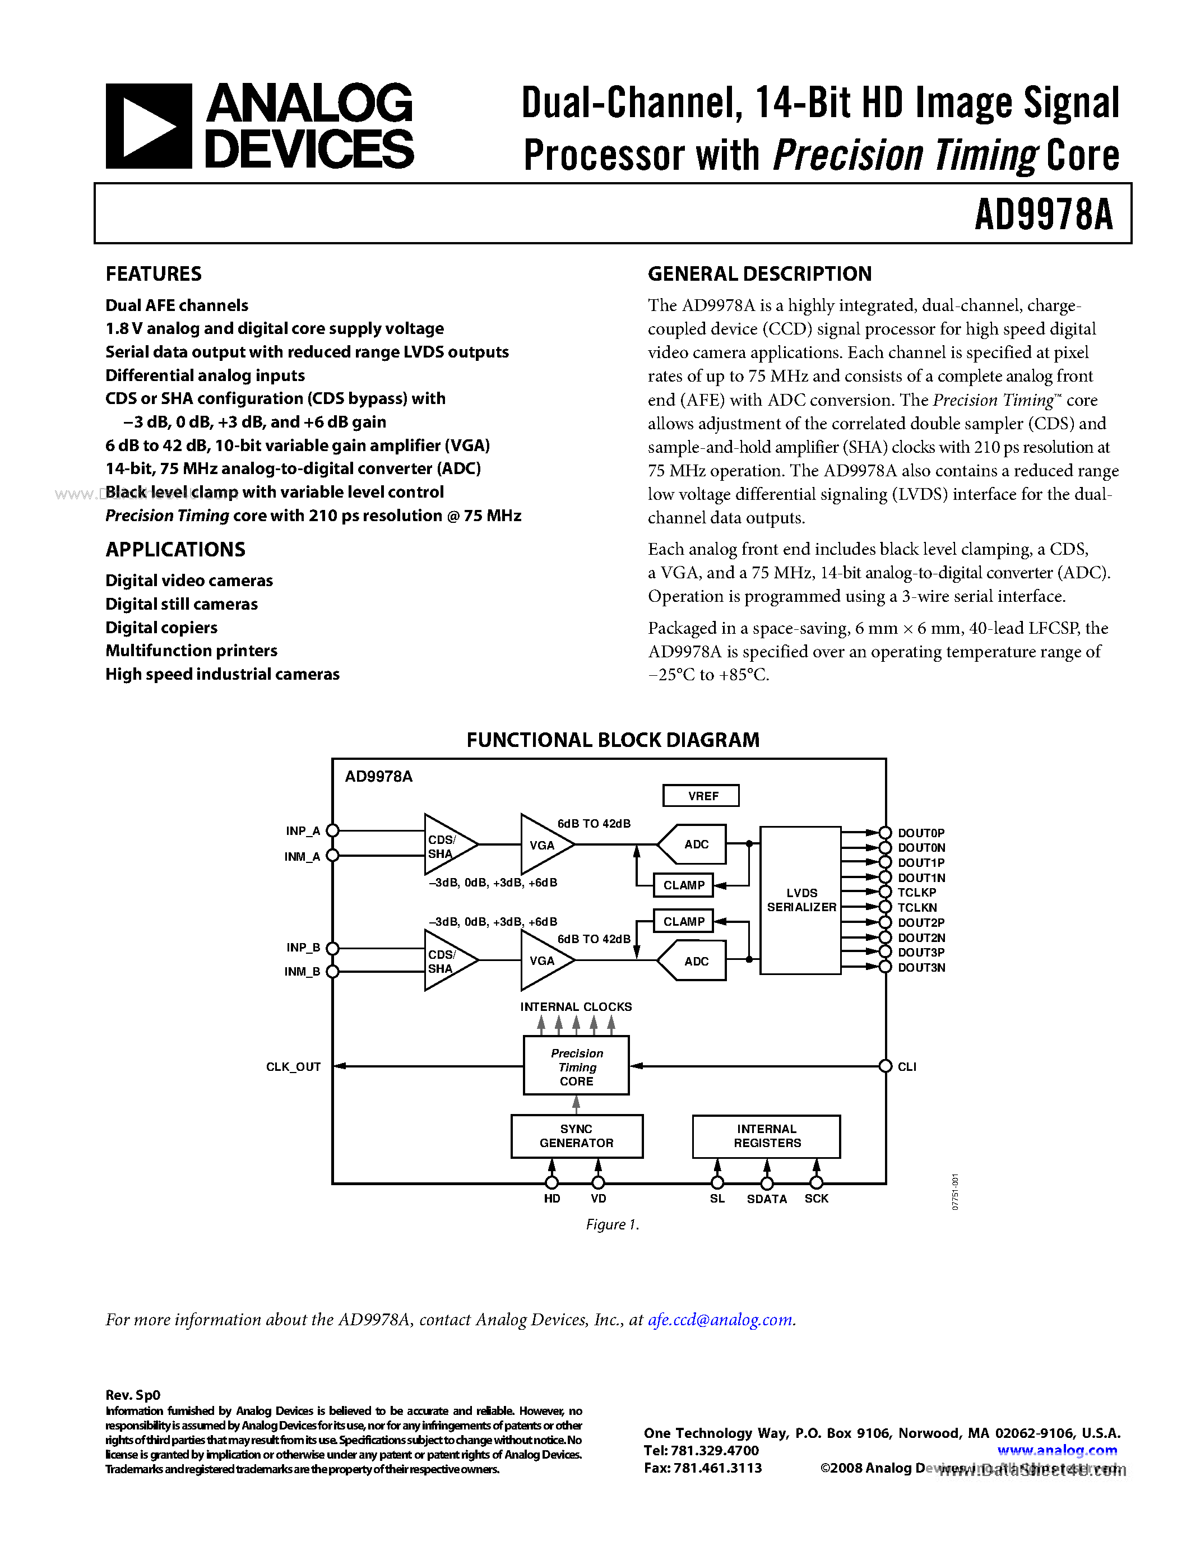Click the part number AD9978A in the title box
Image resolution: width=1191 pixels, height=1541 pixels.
click(1043, 215)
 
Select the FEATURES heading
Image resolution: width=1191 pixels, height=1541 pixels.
click(153, 274)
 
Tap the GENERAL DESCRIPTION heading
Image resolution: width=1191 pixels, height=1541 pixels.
click(759, 274)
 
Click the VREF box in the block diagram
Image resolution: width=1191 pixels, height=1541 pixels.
click(701, 796)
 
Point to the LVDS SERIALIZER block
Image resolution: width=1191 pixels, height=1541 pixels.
click(800, 901)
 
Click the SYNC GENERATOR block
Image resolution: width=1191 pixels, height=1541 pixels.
click(577, 1136)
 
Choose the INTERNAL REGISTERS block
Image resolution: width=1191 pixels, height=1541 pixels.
click(766, 1136)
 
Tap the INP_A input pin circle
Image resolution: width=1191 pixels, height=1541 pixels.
click(333, 831)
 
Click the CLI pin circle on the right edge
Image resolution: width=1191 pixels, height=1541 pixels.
click(886, 1066)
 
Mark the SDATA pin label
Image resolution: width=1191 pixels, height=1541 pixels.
click(766, 1199)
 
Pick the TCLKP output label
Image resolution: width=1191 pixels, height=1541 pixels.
click(916, 893)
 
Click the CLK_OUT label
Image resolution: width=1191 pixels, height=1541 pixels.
click(293, 1067)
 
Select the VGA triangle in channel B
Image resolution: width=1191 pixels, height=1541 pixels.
click(543, 960)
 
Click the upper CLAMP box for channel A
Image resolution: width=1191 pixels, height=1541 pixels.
click(683, 885)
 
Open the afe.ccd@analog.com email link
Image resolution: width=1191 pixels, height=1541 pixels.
click(720, 1320)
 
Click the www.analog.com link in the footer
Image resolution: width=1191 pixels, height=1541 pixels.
click(1056, 1451)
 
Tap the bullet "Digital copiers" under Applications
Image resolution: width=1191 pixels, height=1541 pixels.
click(161, 627)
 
